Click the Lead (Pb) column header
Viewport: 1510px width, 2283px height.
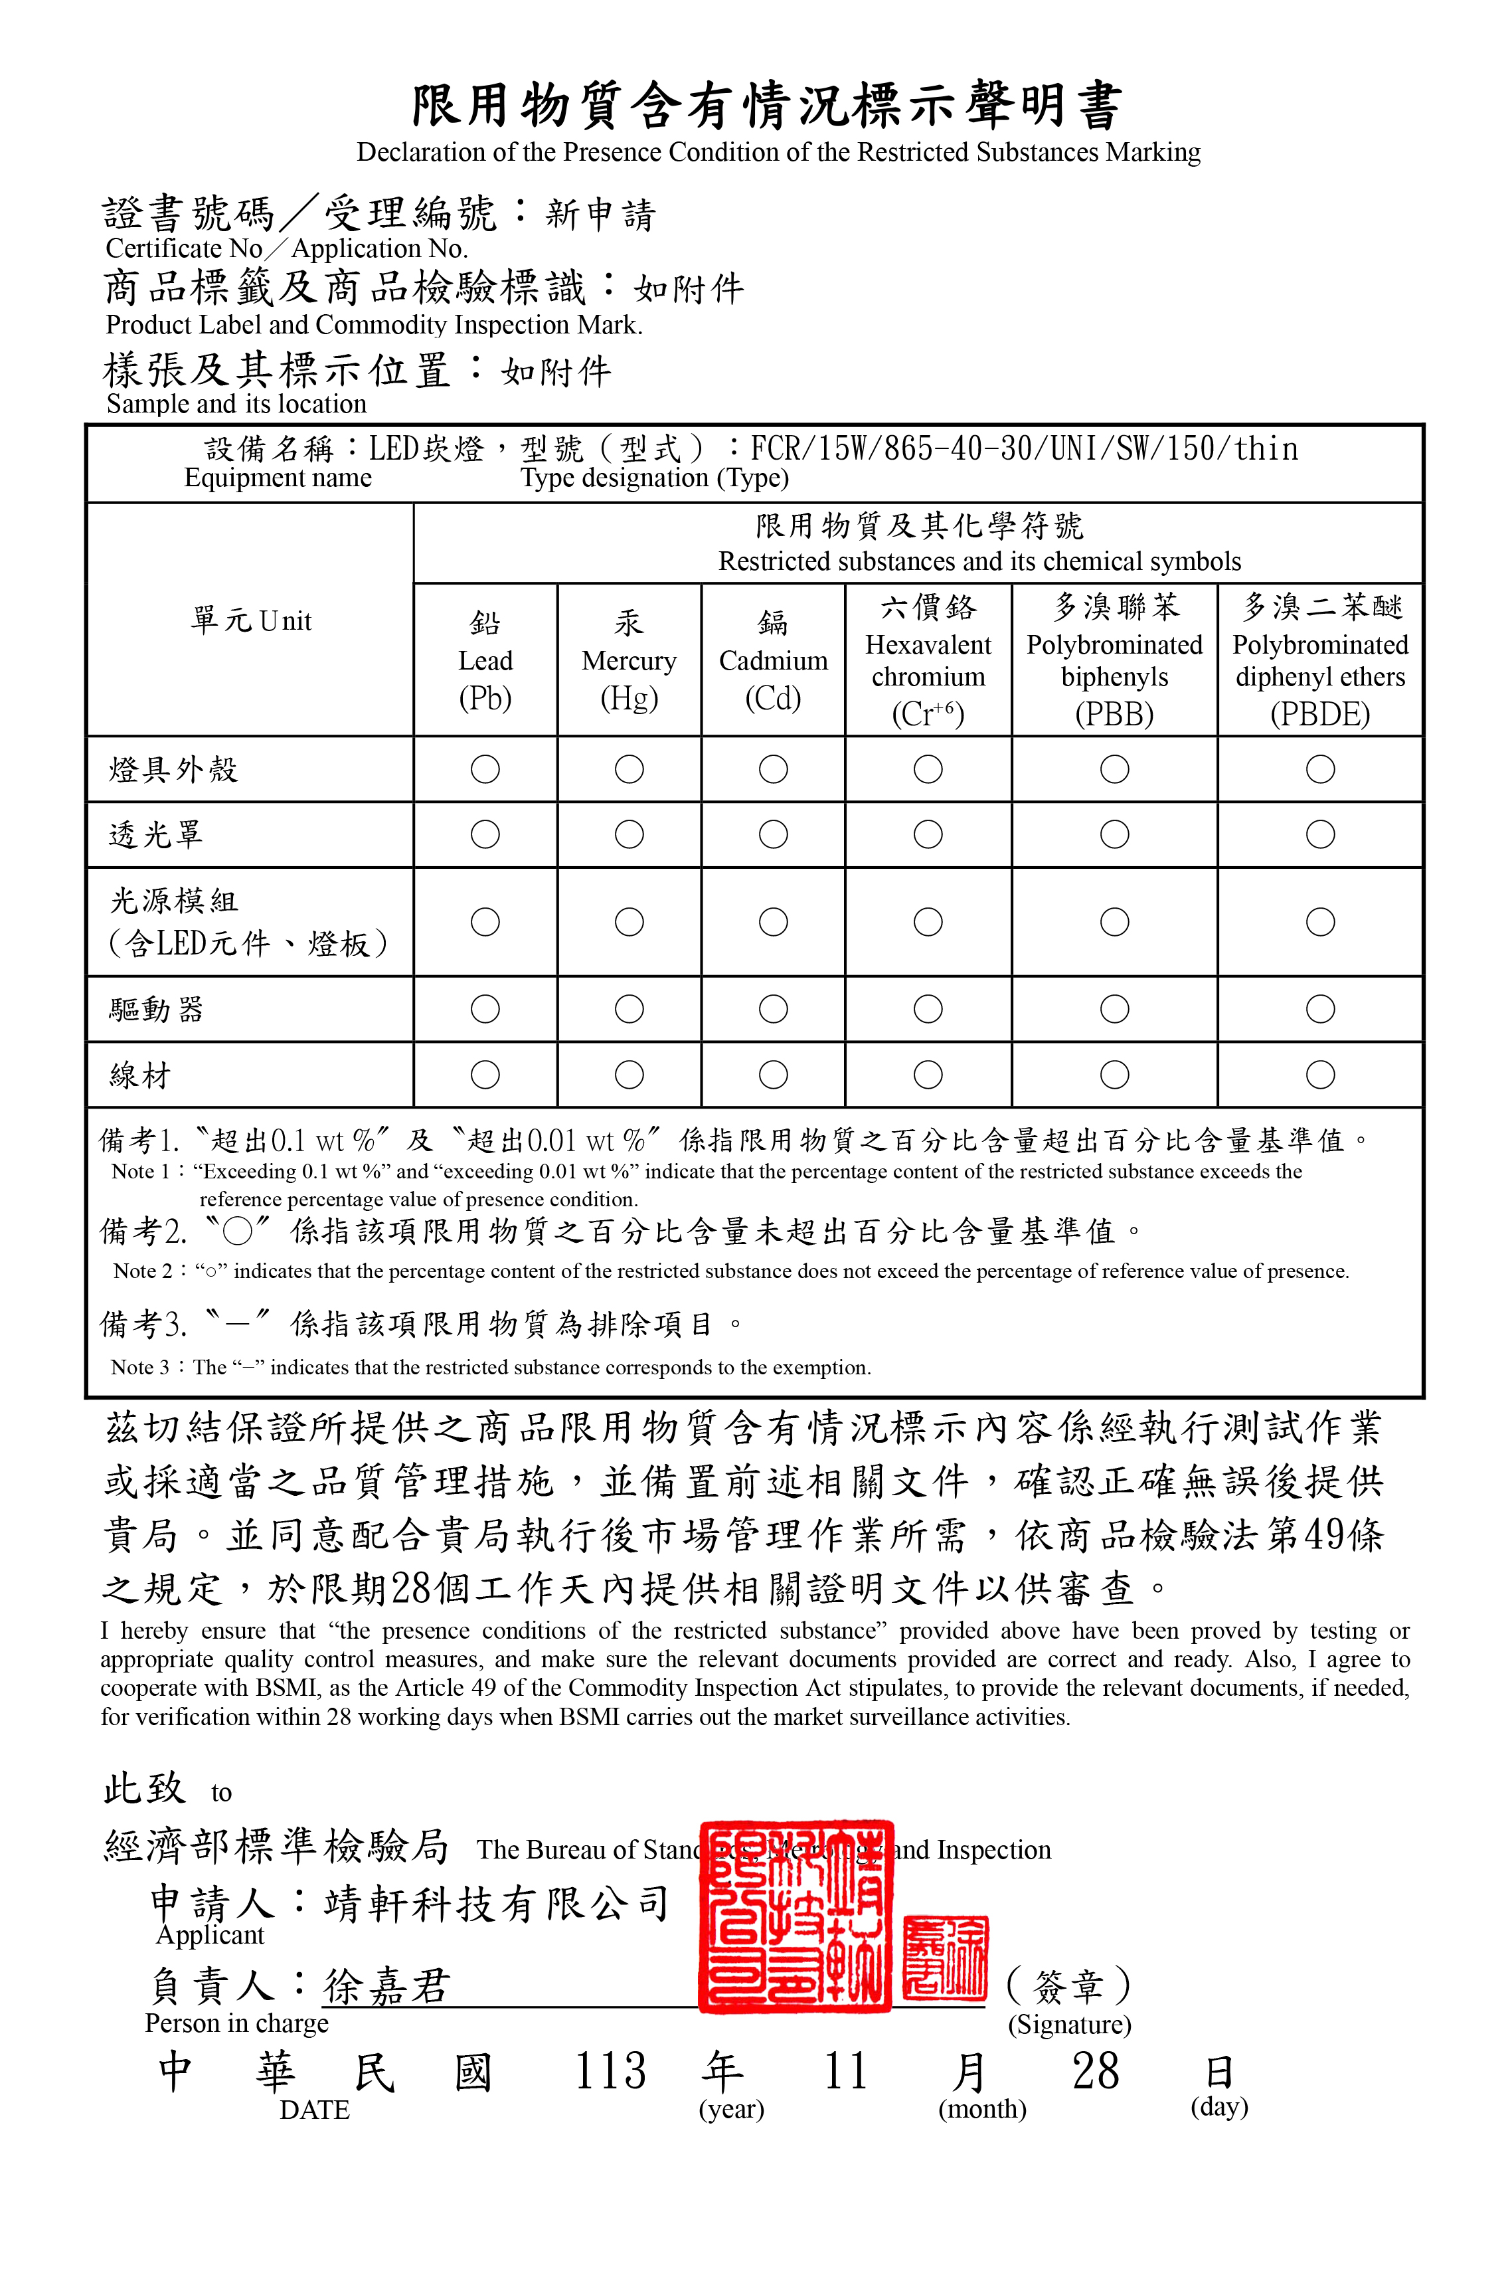pyautogui.click(x=485, y=661)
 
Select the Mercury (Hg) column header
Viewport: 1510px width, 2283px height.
pyautogui.click(x=629, y=661)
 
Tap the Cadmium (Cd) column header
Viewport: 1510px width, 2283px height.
pyautogui.click(x=774, y=661)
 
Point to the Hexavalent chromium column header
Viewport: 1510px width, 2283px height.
pyautogui.click(x=928, y=661)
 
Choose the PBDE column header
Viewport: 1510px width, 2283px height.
pyautogui.click(x=1319, y=661)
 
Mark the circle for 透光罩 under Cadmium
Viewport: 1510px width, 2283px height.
pyautogui.click(x=774, y=834)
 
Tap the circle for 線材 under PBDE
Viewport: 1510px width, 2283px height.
pyautogui.click(x=1319, y=1074)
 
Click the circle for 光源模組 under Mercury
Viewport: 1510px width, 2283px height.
pyautogui.click(x=629, y=922)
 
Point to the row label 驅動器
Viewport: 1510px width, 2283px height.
pyautogui.click(x=156, y=1010)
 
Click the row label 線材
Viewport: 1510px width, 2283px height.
pyautogui.click(x=141, y=1075)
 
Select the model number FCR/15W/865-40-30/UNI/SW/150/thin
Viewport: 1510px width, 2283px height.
pyautogui.click(x=1024, y=449)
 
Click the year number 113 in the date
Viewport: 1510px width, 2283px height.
pyautogui.click(x=610, y=2071)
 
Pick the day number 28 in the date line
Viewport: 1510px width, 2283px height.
pyautogui.click(x=1096, y=2071)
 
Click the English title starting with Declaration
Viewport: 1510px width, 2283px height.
pyautogui.click(x=778, y=152)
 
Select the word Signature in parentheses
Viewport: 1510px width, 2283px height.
pyautogui.click(x=1069, y=2025)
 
